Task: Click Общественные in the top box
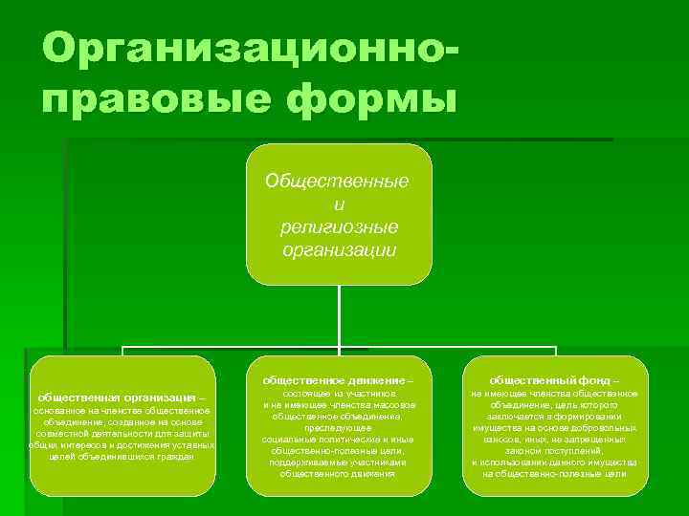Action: [337, 181]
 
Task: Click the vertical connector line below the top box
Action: [340, 315]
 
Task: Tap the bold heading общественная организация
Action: [116, 397]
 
